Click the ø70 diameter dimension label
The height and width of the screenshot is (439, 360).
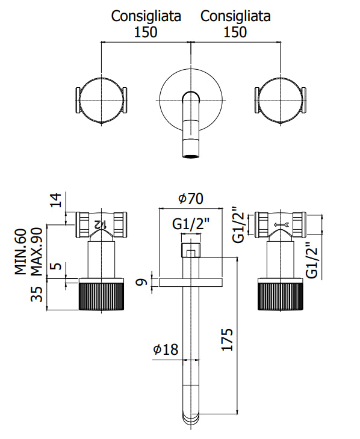191,198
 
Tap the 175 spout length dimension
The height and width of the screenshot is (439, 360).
227,340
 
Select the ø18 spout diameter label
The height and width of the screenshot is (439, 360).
166,349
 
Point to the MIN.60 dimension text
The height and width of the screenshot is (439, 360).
20,251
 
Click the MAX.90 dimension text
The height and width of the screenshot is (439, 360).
36,251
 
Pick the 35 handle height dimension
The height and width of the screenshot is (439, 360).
37,294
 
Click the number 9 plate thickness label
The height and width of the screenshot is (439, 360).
142,282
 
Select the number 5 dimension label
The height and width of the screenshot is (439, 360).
57,265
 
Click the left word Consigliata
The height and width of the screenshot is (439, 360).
146,16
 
